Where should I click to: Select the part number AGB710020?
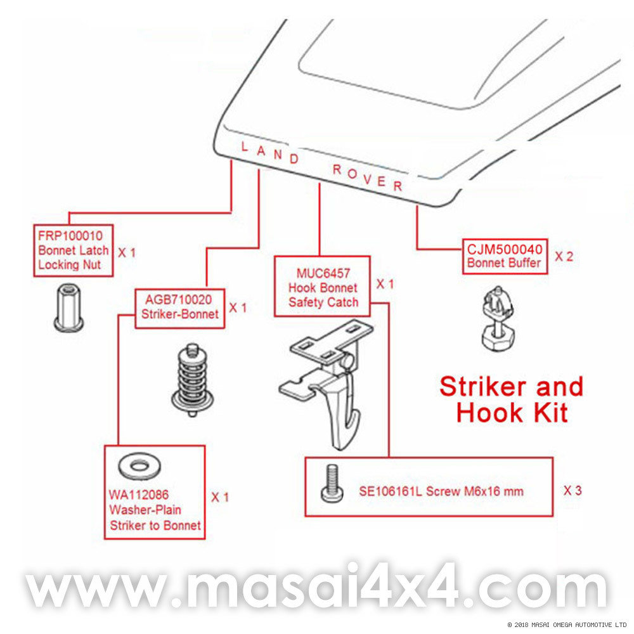pyautogui.click(x=179, y=300)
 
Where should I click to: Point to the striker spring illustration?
pyautogui.click(x=191, y=380)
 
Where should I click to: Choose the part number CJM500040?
pyautogui.click(x=505, y=249)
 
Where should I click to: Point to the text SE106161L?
pyautogui.click(x=389, y=491)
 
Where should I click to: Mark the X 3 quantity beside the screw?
pyautogui.click(x=573, y=490)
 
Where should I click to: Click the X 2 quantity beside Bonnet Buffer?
pyautogui.click(x=564, y=256)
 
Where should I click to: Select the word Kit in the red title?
pyautogui.click(x=547, y=413)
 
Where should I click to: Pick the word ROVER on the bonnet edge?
pyautogui.click(x=368, y=178)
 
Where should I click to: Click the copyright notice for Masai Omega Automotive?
pyautogui.click(x=567, y=624)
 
